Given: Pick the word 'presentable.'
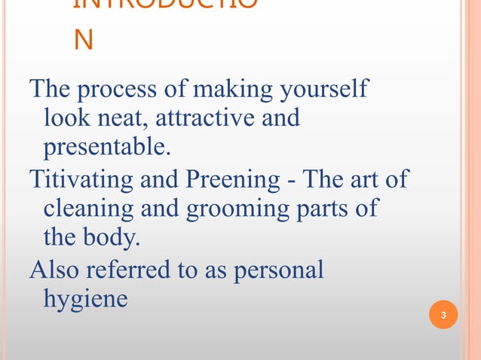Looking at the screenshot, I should pyautogui.click(x=106, y=146).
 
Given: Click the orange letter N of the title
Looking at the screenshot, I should pyautogui.click(x=83, y=39).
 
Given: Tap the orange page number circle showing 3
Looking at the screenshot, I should pyautogui.click(x=443, y=314).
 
